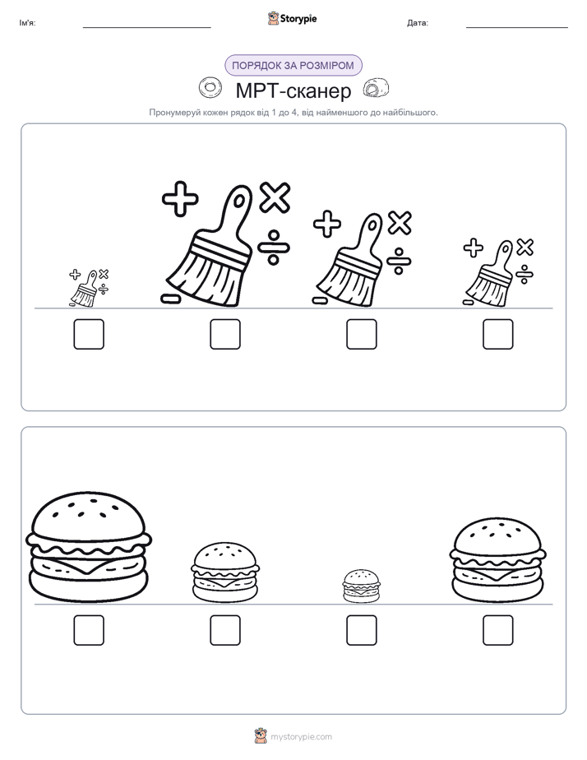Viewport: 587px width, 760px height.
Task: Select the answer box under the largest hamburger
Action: (89, 630)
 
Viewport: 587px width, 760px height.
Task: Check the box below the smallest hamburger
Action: (361, 630)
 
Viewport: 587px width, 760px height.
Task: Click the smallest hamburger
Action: (361, 586)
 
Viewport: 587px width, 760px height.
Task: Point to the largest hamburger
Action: (89, 547)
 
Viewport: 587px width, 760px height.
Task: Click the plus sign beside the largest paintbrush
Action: (180, 198)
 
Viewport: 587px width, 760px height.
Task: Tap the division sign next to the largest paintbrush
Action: (274, 248)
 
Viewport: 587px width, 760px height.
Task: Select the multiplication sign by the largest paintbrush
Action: (275, 197)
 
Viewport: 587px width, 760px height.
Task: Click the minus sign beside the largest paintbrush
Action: (170, 299)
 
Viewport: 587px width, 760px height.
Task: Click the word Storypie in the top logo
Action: (298, 18)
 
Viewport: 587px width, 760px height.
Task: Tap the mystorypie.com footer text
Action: (301, 737)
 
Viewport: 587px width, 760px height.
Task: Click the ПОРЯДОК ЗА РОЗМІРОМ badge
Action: (293, 66)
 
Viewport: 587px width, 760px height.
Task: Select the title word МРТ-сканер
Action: (293, 90)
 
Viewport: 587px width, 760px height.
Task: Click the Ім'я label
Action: (27, 23)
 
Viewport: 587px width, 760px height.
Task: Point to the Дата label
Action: (418, 23)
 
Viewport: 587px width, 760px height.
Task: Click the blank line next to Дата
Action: (517, 27)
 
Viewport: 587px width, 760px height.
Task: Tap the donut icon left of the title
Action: (210, 88)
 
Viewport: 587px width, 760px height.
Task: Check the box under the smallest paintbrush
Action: (89, 334)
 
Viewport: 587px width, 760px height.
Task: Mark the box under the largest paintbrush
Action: (225, 334)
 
